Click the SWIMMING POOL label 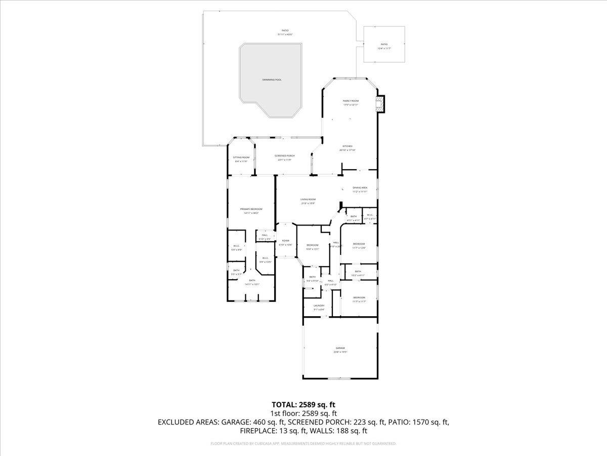(x=272, y=80)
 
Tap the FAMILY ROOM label (x=351, y=101)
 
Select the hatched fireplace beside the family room (x=379, y=104)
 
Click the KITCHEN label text (x=347, y=146)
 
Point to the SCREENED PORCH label (x=285, y=156)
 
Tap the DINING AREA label (x=360, y=188)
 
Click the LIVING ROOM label (x=308, y=200)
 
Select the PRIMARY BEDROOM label (x=251, y=209)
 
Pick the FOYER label (x=286, y=241)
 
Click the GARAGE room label (x=340, y=348)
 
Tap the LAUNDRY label (x=319, y=306)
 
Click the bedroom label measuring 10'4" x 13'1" (x=313, y=245)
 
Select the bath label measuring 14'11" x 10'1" (x=252, y=281)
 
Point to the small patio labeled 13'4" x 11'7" (x=384, y=45)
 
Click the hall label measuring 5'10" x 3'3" (x=265, y=236)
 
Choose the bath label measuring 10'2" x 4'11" (x=358, y=272)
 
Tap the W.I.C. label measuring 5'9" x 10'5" (x=265, y=258)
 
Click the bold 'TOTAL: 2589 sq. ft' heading (x=303, y=404)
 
